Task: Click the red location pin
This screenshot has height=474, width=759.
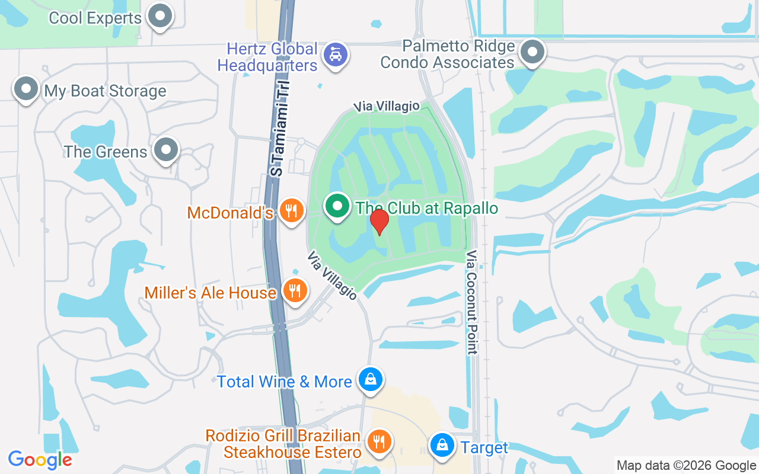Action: click(x=379, y=222)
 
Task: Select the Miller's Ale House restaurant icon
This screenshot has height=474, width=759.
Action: click(x=295, y=290)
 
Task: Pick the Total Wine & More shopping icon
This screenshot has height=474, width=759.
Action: click(x=371, y=379)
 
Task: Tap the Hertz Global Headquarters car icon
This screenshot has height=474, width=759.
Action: click(x=336, y=55)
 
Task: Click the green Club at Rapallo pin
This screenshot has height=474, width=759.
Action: click(x=338, y=207)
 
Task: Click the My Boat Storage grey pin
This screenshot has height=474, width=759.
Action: click(x=25, y=89)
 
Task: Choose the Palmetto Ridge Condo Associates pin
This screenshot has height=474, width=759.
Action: click(x=532, y=52)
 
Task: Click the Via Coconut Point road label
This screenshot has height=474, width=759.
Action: click(x=472, y=302)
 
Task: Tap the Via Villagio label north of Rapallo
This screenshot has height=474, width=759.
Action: click(x=387, y=107)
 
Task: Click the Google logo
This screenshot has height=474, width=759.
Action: click(x=40, y=460)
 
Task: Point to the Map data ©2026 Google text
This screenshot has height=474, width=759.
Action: click(x=685, y=466)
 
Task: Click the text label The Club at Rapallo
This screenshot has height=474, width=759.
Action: click(x=426, y=208)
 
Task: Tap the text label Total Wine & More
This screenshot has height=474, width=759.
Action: click(x=285, y=382)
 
